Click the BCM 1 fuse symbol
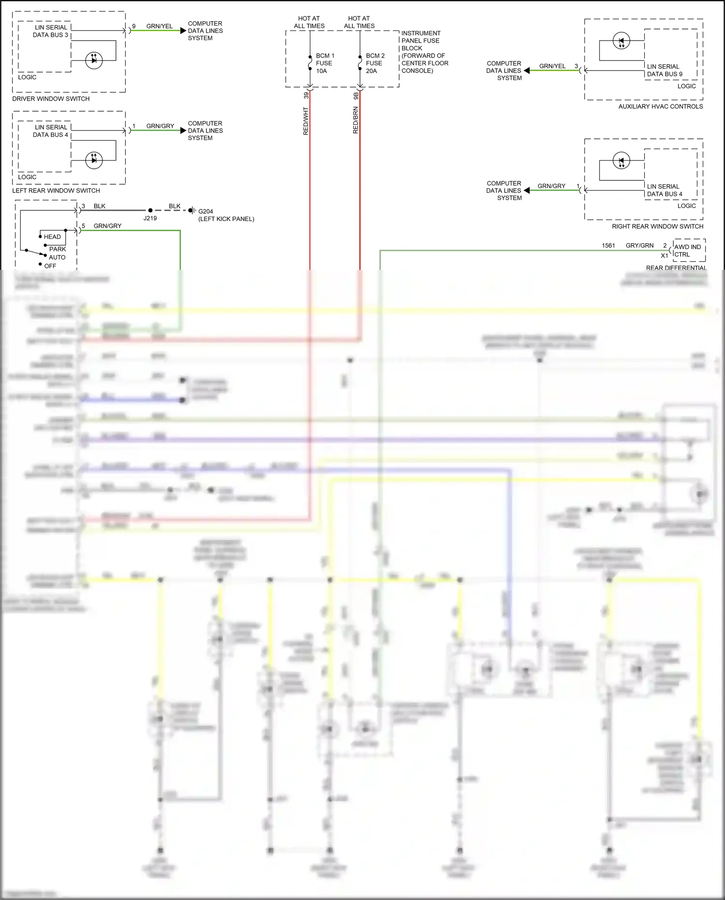point(310,63)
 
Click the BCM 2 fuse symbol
point(360,63)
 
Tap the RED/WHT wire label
point(305,121)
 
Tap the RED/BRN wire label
point(356,120)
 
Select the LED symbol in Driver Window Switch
point(94,60)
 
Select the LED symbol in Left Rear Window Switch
point(94,160)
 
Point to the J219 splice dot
point(150,210)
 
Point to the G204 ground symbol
point(192,210)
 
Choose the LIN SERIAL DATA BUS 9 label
point(665,70)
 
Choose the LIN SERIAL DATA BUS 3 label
point(50,31)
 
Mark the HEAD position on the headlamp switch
point(52,236)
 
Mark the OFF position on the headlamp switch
point(50,266)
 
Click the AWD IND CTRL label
point(687,251)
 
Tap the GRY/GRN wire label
point(639,246)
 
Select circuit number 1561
point(608,246)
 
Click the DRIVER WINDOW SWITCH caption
point(51,99)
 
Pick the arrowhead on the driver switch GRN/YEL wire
point(183,30)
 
